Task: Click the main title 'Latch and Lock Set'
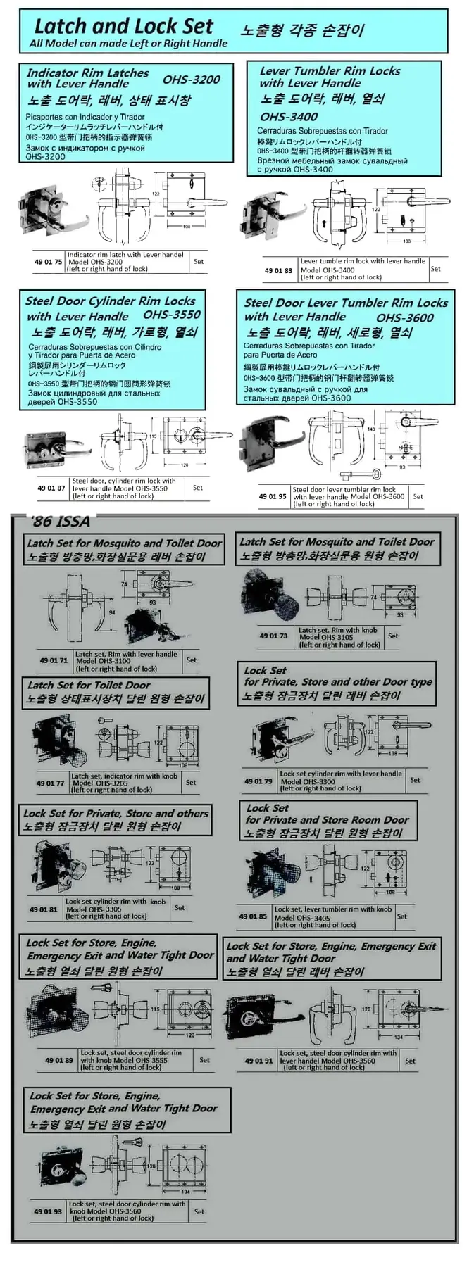(123, 27)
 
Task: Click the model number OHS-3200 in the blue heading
(191, 80)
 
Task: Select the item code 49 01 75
(49, 262)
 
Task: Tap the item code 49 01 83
(278, 270)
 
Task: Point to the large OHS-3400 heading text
(289, 117)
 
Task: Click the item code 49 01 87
(51, 488)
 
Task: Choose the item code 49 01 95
(273, 496)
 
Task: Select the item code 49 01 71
(54, 661)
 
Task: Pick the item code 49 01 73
(273, 636)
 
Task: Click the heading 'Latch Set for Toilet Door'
(89, 685)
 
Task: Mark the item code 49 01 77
(50, 783)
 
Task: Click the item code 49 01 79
(258, 781)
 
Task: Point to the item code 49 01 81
(44, 909)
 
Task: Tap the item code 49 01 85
(253, 916)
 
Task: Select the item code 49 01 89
(59, 1060)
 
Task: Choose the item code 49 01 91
(258, 1061)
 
